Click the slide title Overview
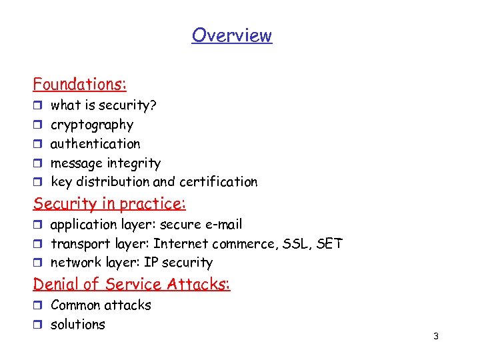(232, 35)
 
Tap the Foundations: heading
(80, 85)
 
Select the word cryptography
(92, 125)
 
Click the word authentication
(95, 144)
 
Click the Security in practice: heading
(110, 203)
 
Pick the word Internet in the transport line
(179, 244)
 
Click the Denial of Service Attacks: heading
(131, 285)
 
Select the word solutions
(78, 325)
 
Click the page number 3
(435, 337)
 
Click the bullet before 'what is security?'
(37, 106)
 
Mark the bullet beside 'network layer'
(37, 263)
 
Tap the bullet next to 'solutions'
(37, 325)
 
